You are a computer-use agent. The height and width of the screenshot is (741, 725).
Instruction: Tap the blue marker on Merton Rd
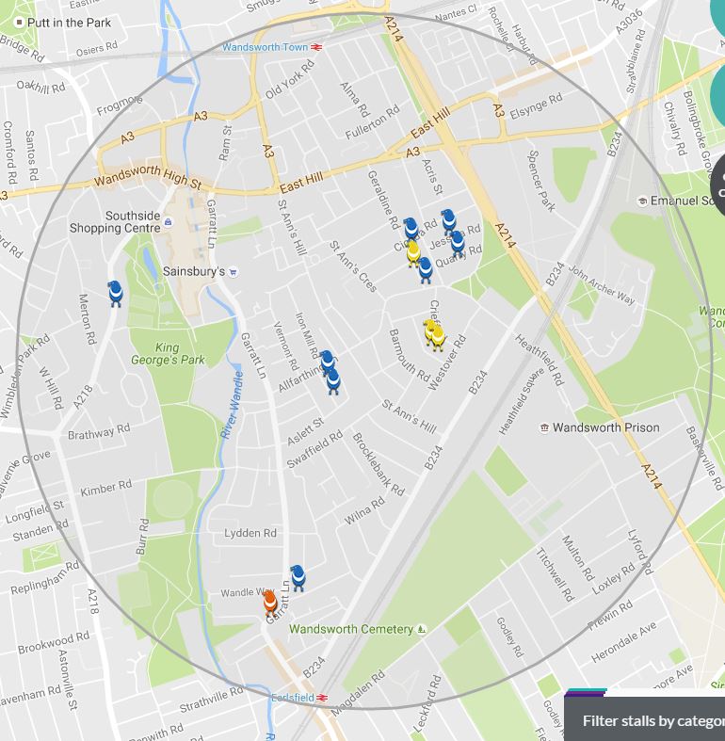click(x=115, y=293)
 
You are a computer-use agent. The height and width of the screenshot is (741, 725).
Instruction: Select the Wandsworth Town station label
click(x=265, y=47)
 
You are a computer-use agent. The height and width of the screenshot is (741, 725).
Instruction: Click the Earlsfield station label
click(x=292, y=698)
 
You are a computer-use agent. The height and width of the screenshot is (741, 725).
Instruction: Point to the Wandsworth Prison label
click(x=605, y=427)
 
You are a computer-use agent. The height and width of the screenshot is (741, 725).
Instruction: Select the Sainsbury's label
click(x=194, y=271)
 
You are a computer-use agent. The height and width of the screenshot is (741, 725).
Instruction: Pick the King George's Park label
click(x=167, y=353)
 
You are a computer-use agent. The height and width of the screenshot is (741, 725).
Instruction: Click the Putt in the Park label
click(x=69, y=22)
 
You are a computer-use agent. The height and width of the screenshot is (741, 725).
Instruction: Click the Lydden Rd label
click(x=250, y=533)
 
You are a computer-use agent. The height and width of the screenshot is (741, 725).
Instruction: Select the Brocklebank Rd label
click(x=378, y=464)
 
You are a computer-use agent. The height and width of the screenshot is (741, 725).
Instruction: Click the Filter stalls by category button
click(x=650, y=720)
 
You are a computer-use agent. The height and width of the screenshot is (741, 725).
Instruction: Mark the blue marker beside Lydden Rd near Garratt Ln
click(x=298, y=577)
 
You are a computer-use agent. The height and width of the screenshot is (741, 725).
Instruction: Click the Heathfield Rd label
click(x=539, y=359)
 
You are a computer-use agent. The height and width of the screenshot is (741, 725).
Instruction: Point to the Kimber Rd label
click(x=106, y=489)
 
